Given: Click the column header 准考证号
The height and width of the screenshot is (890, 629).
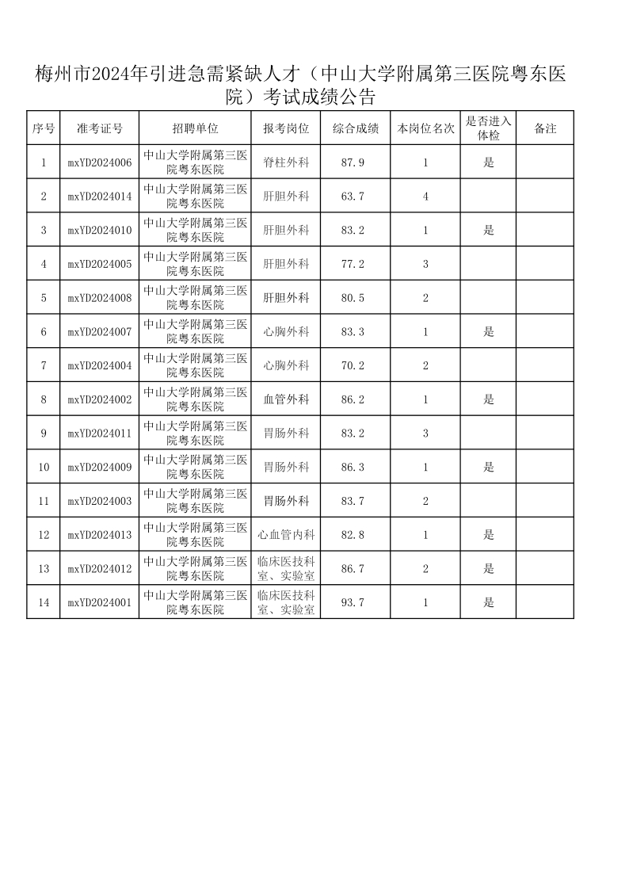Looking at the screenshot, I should click(x=100, y=128).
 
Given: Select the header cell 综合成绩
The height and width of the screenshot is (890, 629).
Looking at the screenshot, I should click(x=355, y=128).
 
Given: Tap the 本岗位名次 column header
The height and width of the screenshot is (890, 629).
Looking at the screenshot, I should click(x=425, y=128).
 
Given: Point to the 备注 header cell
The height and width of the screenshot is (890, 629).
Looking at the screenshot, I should click(x=545, y=128).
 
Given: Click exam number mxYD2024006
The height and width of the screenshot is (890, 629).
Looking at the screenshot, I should click(x=100, y=162).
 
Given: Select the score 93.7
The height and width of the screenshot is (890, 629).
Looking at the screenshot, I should click(x=353, y=602).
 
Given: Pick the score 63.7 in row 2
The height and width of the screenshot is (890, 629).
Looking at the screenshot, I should click(x=353, y=197).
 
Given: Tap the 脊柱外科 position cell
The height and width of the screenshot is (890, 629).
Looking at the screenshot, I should click(x=286, y=162).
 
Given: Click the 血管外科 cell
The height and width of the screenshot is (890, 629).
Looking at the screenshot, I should click(x=286, y=399).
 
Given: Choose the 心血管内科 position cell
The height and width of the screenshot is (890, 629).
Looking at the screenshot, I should click(x=286, y=535).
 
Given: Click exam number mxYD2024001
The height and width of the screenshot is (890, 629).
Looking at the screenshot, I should click(x=100, y=602).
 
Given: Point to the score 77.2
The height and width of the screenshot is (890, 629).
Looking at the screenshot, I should click(x=353, y=264).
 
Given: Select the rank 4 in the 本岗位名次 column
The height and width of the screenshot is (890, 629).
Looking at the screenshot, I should click(x=425, y=197).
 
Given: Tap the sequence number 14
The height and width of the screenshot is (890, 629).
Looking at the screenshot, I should click(x=44, y=602).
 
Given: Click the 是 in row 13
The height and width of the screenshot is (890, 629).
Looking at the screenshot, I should click(x=489, y=568).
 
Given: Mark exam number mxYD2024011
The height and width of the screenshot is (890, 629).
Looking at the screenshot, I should click(x=100, y=434).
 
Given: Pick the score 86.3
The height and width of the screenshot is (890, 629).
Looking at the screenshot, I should click(x=353, y=468).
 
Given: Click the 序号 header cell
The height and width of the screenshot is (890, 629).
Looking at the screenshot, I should click(x=44, y=128).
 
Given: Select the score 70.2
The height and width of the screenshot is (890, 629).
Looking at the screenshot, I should click(x=353, y=365).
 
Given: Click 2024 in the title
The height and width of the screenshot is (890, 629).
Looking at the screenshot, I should click(x=111, y=75).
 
